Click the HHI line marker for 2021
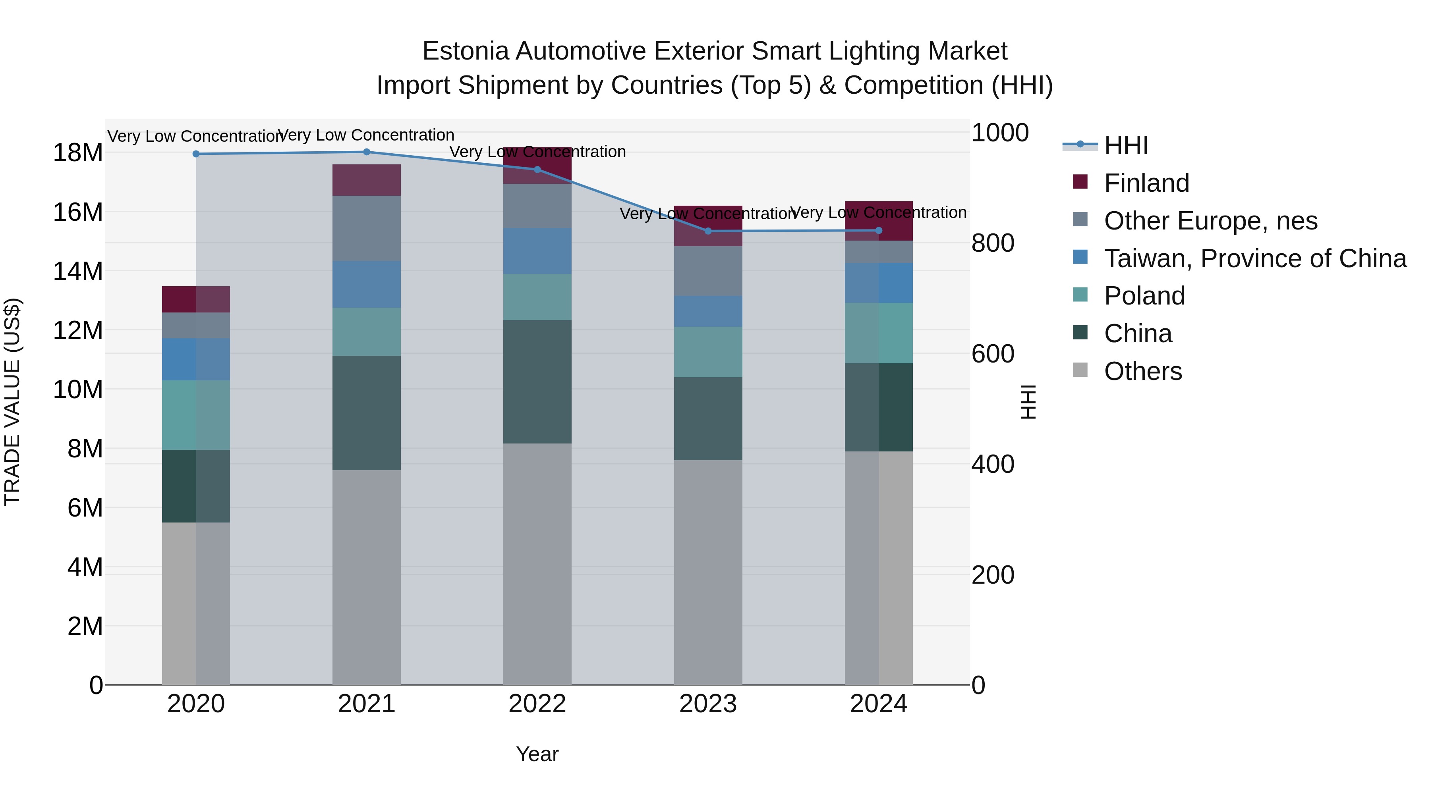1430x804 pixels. coord(366,152)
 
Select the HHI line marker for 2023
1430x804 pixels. coord(708,231)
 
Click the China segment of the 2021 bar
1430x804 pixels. coord(366,413)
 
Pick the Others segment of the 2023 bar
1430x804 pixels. coord(708,571)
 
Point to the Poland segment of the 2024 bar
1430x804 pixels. coord(879,333)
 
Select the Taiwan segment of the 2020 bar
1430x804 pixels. coord(196,360)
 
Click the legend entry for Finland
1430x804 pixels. coord(1146,183)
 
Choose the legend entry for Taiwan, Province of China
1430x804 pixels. coord(1254,258)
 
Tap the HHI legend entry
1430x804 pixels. coord(1125,145)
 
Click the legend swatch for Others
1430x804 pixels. coord(1080,370)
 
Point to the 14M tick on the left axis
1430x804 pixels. coord(78,271)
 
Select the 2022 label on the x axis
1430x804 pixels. coord(537,704)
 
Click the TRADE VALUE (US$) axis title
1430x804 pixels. coord(12,402)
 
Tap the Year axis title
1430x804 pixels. coord(537,754)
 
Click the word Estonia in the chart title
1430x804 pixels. coord(465,51)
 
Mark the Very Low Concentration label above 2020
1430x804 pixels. coord(196,136)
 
